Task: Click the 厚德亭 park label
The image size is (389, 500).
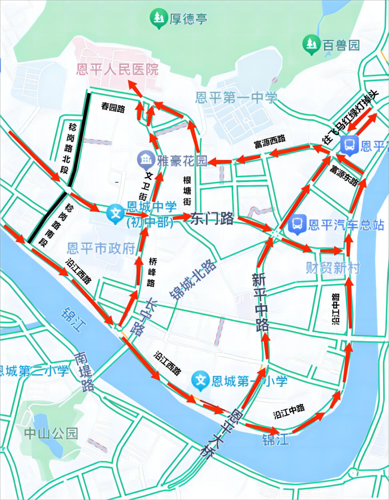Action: pos(188,19)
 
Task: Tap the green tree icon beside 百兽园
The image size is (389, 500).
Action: pos(311,45)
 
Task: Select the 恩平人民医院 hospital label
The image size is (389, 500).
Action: pos(117,69)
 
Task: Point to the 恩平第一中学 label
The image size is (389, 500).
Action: pos(236,97)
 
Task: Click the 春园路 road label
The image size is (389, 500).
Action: pos(113,107)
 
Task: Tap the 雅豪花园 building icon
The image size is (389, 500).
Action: pos(146,160)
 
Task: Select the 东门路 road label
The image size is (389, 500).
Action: pos(212,218)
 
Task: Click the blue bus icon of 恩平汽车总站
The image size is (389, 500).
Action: pos(297,224)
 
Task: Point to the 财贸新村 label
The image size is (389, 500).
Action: pos(333,268)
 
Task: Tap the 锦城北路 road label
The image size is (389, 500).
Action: pos(193,279)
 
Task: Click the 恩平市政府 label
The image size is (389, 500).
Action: pos(101,248)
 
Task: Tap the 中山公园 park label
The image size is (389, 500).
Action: pos(51,433)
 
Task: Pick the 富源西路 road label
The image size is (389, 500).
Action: pos(270,142)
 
